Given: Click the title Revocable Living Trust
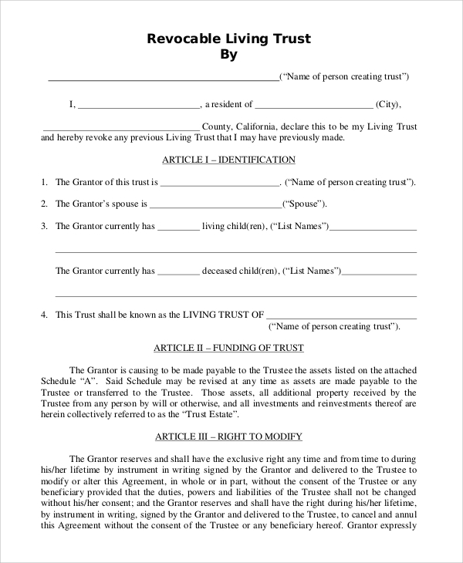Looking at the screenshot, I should (228, 39).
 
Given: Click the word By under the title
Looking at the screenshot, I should (229, 55).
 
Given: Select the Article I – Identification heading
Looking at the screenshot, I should (228, 160).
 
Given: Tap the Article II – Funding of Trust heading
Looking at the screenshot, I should (228, 348).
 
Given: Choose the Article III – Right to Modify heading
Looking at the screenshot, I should (228, 437).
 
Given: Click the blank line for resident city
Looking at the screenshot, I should (313, 106).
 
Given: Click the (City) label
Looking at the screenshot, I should (388, 104).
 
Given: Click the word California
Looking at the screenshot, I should (258, 126).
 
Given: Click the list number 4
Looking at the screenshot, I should (45, 315).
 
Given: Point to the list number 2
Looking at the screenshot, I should (45, 204).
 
